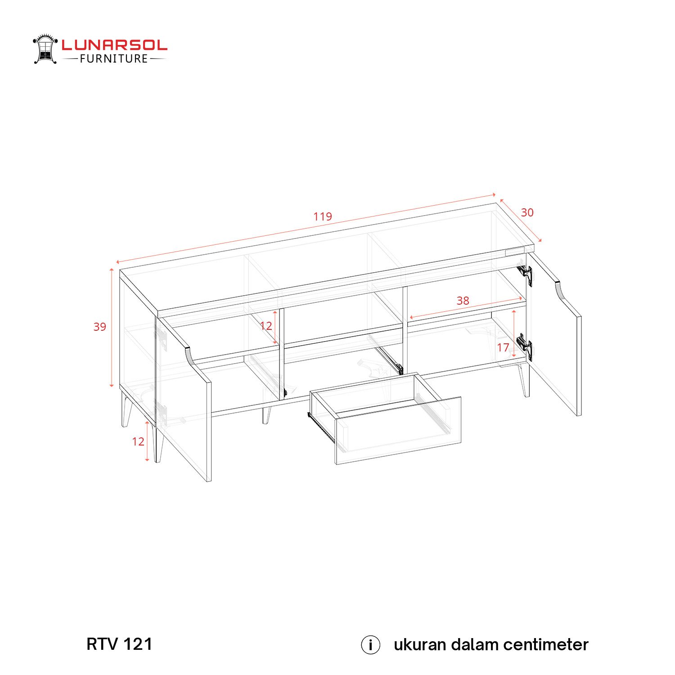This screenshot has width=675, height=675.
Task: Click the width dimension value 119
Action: click(x=323, y=216)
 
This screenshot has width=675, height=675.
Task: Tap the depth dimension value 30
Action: click(x=527, y=212)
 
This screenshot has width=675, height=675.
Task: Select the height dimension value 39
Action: click(x=100, y=327)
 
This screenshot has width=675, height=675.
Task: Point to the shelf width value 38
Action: click(x=463, y=301)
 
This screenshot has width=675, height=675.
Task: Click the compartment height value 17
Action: click(x=503, y=347)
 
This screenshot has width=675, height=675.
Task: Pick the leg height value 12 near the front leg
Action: click(x=138, y=441)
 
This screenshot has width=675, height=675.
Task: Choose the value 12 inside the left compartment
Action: click(x=266, y=326)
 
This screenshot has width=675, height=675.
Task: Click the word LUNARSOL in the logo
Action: click(x=114, y=45)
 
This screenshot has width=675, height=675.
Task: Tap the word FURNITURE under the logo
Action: click(x=114, y=59)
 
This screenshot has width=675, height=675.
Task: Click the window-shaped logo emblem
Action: click(x=45, y=49)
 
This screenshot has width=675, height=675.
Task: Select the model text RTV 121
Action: click(x=119, y=644)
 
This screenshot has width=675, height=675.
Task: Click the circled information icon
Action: click(x=370, y=645)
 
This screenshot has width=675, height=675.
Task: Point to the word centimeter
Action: click(x=546, y=644)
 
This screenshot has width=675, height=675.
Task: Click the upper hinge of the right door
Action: click(x=525, y=274)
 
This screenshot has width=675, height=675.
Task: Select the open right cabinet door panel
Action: click(x=556, y=342)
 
